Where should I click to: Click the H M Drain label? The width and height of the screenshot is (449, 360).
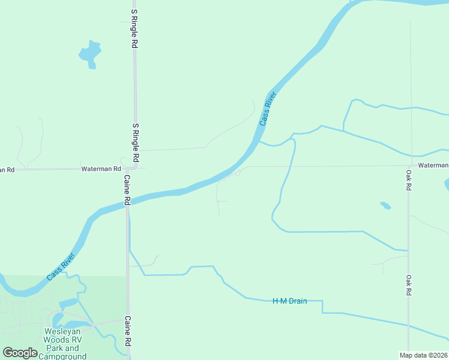tap(290, 301)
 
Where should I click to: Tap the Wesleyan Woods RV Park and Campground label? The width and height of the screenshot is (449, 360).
tap(62, 343)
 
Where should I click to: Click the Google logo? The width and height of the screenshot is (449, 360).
tap(20, 353)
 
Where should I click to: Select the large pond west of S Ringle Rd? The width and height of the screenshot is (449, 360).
tap(89, 53)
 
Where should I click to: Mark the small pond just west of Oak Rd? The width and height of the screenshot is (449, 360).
tap(385, 206)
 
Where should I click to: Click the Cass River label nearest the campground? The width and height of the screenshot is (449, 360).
tap(61, 268)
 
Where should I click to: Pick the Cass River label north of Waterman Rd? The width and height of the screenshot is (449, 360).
tap(267, 108)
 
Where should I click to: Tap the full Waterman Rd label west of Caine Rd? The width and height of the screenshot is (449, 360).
tap(101, 169)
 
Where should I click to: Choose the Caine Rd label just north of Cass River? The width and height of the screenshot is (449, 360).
tap(127, 190)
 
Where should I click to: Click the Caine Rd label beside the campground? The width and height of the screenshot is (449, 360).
tap(127, 331)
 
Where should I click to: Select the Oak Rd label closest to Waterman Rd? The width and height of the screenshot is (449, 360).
tap(408, 180)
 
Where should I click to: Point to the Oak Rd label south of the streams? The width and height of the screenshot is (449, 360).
tap(408, 285)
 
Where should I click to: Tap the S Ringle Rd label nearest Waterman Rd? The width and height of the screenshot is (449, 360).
tap(136, 143)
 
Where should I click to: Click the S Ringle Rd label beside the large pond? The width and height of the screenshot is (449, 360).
tap(134, 29)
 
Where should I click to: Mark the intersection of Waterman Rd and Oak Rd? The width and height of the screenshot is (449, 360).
tap(409, 166)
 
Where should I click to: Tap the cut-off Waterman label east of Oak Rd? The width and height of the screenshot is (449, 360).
tap(433, 165)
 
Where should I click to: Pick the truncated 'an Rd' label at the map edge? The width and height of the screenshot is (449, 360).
tap(7, 170)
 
